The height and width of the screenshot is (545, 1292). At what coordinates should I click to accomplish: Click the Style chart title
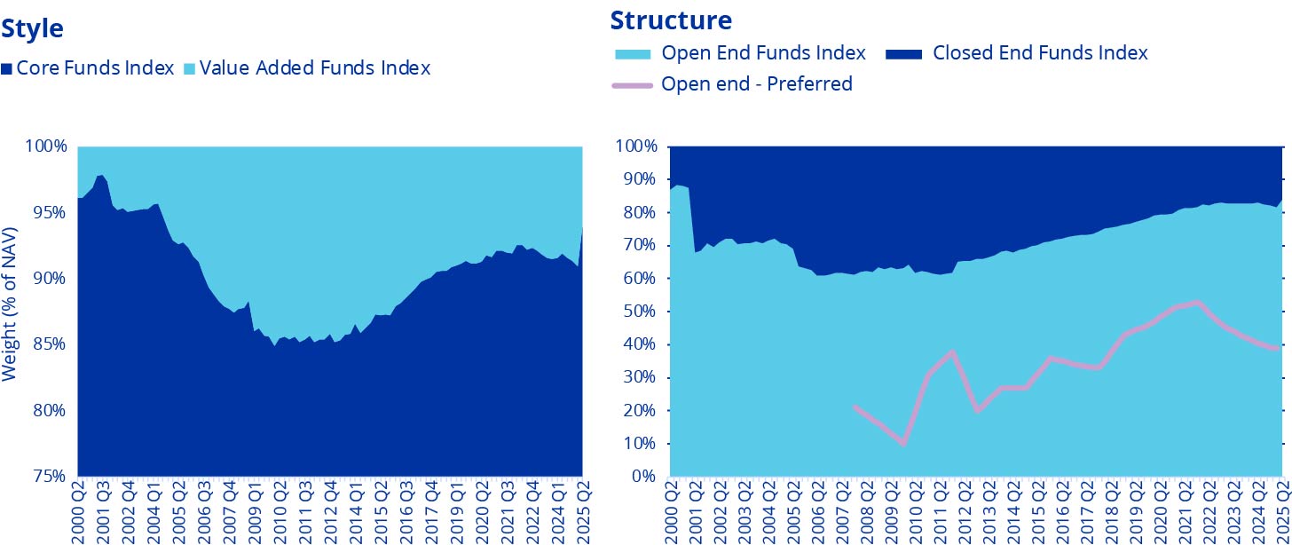32,28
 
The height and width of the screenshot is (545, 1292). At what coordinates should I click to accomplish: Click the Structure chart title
671,20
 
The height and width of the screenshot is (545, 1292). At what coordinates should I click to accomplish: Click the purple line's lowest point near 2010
903,443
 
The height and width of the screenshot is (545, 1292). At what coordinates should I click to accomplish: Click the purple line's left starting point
853,407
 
